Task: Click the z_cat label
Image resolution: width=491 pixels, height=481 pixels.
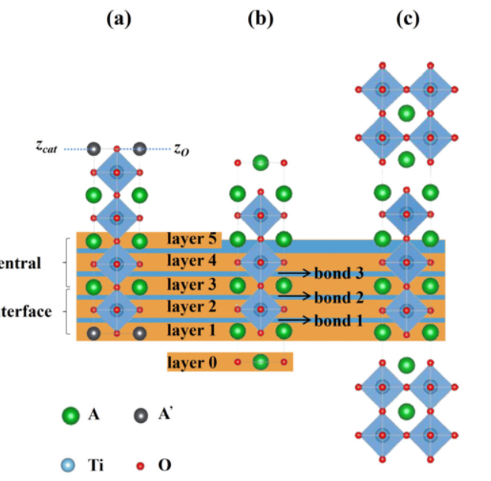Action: point(47,148)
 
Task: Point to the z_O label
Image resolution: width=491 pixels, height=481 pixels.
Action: point(181,149)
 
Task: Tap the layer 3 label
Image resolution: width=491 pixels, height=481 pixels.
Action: point(192,285)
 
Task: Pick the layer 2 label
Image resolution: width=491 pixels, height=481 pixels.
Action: point(192,308)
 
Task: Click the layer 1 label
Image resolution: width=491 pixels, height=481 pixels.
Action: point(192,331)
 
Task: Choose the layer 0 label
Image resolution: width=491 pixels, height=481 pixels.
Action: point(192,362)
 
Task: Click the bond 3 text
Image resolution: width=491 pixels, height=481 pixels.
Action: point(338,273)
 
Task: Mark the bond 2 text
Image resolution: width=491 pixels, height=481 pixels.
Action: point(338,297)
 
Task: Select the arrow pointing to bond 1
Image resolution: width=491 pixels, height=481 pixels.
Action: point(295,321)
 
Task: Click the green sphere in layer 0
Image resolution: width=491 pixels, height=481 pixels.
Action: point(260,362)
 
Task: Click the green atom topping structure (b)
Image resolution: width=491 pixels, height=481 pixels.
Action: point(260,162)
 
